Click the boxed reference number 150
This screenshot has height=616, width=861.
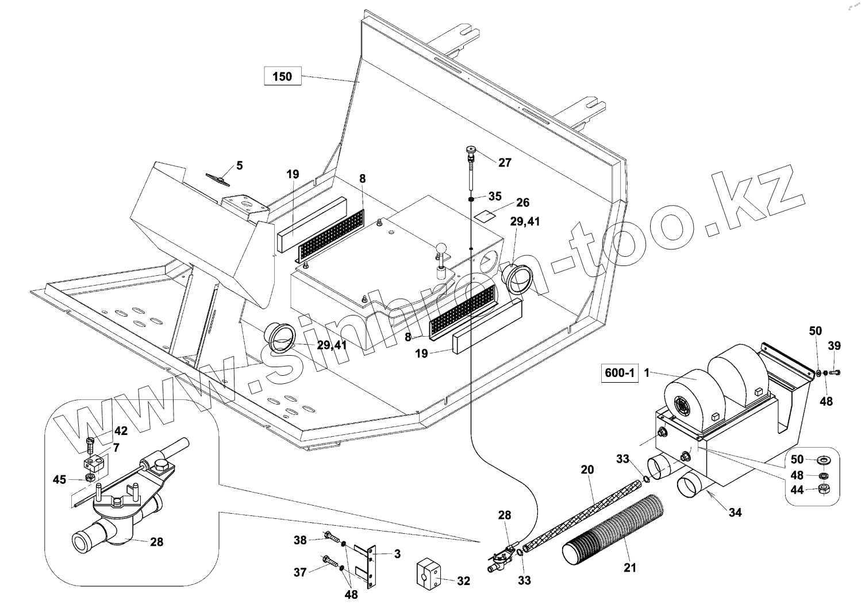(282, 76)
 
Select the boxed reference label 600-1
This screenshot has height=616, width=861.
(620, 373)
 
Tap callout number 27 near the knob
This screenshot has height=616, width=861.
(504, 163)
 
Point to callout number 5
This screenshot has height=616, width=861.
(240, 165)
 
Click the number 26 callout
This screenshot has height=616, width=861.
(522, 202)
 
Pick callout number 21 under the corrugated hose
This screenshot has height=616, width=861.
(630, 568)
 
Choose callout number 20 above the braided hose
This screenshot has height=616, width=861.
(587, 469)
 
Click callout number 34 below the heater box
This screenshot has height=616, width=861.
(735, 512)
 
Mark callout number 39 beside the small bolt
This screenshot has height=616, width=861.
(834, 345)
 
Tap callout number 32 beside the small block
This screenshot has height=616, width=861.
(463, 581)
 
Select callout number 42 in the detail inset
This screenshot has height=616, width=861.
(121, 431)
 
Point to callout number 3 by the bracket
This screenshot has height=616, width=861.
(397, 554)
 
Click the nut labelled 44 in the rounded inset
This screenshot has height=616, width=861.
(823, 489)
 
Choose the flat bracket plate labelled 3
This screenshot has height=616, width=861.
(366, 566)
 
